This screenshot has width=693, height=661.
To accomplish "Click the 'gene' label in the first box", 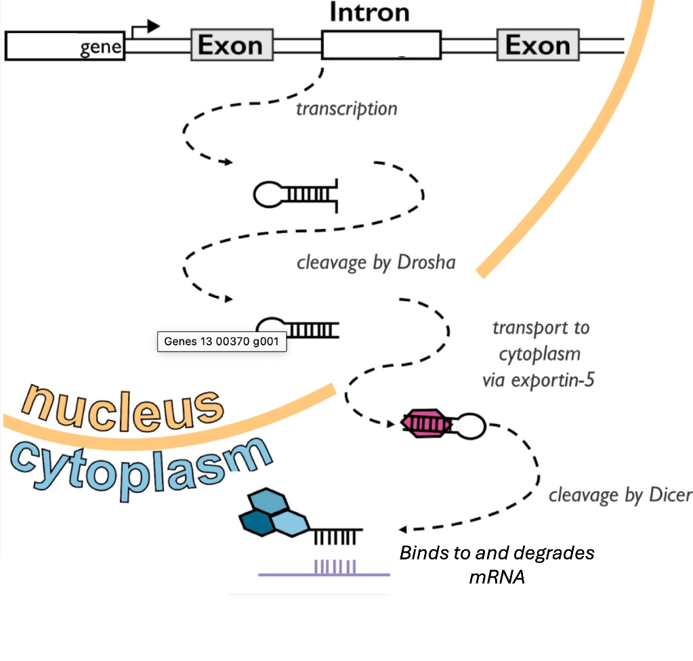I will pos(101,48).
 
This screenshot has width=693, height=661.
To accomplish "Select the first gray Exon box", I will pos(231,46).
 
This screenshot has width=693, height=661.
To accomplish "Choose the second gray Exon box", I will pos(538,46).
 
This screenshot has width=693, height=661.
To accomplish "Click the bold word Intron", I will pos(369,13).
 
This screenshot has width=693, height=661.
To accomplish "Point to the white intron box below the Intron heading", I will pos(381,46).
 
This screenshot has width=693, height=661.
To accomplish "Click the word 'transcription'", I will pos(347,108).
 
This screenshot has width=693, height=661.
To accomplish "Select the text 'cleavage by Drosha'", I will pos(376,262).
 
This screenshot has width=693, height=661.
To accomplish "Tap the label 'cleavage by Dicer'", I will pos(620,495).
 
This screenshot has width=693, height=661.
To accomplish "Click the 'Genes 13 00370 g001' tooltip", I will pos(222,342).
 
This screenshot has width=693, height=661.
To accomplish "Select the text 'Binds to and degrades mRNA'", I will pos(497,563).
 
